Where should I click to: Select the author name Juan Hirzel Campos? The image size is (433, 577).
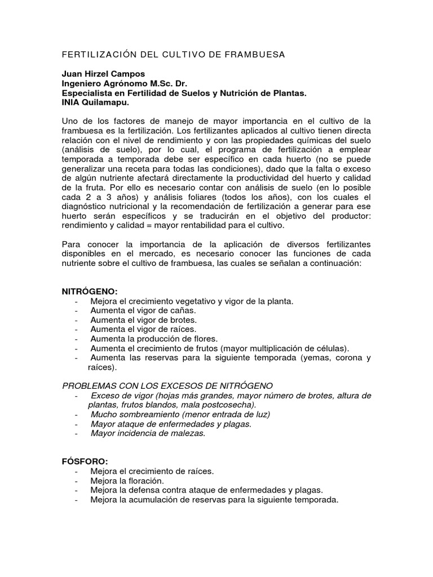point(103,74)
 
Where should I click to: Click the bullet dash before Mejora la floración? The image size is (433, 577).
point(76,481)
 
